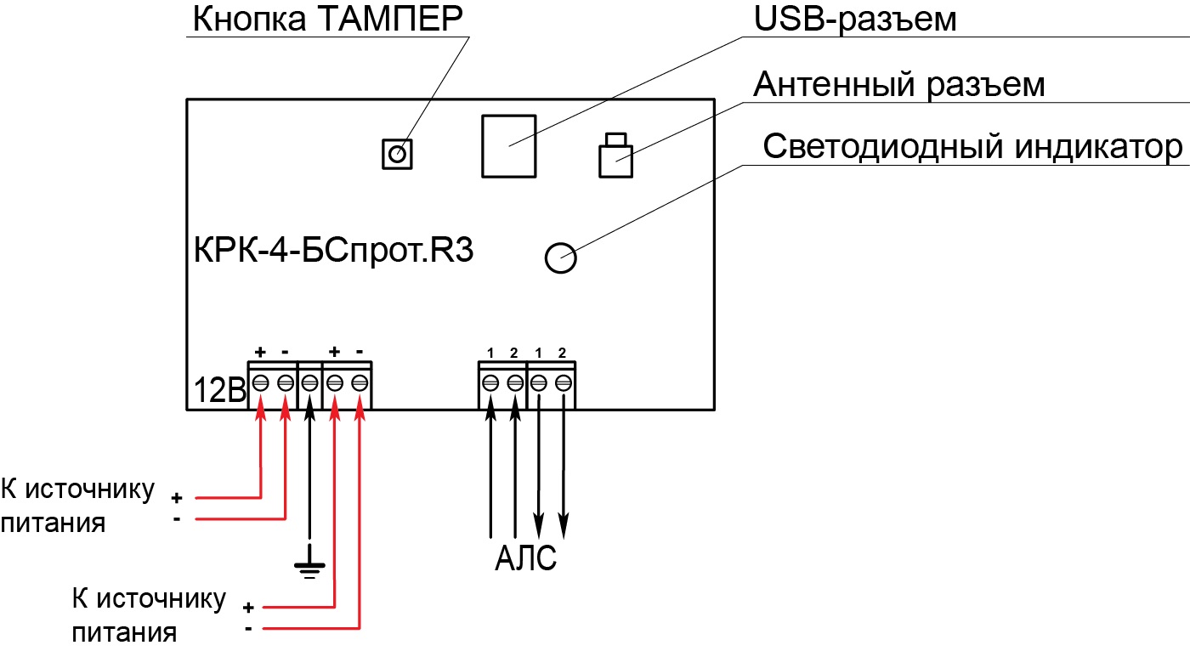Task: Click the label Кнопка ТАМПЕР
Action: click(x=327, y=19)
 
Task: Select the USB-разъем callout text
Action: click(x=855, y=19)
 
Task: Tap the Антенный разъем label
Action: click(x=899, y=85)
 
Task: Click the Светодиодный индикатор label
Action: click(x=972, y=146)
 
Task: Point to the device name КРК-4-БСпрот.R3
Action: click(x=333, y=250)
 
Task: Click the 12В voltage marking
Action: click(x=220, y=391)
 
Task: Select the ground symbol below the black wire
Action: click(x=309, y=562)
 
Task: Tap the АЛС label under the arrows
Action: click(x=525, y=558)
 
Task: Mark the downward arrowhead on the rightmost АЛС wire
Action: click(x=564, y=526)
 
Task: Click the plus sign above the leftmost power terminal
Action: click(x=260, y=352)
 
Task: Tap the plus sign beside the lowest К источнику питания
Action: click(x=248, y=608)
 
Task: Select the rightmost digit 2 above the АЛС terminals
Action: click(x=562, y=353)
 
